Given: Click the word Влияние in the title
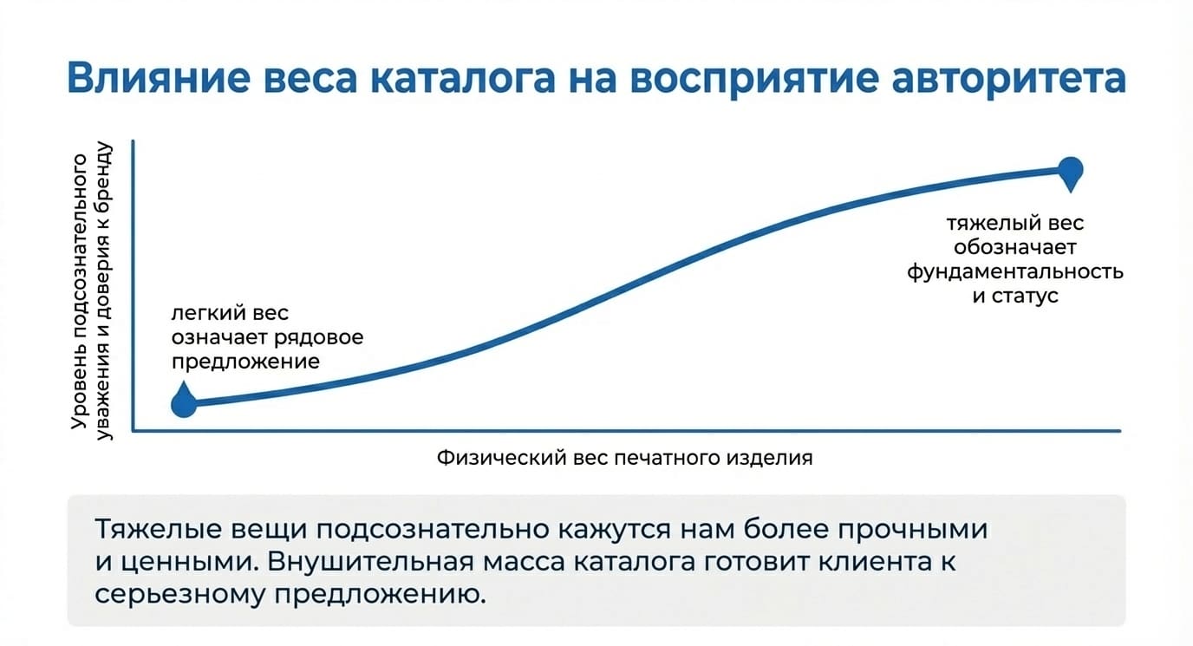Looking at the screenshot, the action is coord(159,78).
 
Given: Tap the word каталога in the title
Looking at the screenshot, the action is coord(463,78).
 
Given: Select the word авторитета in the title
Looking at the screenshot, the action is coord(1008,78).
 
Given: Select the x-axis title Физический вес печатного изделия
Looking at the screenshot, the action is coord(625,458).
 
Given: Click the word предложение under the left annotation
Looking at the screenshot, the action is coord(245,362).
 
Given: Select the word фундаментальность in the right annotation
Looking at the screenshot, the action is coord(1015,271).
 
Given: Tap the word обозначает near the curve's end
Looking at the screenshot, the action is coord(1015,247).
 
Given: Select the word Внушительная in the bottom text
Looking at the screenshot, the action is coord(371,562).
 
